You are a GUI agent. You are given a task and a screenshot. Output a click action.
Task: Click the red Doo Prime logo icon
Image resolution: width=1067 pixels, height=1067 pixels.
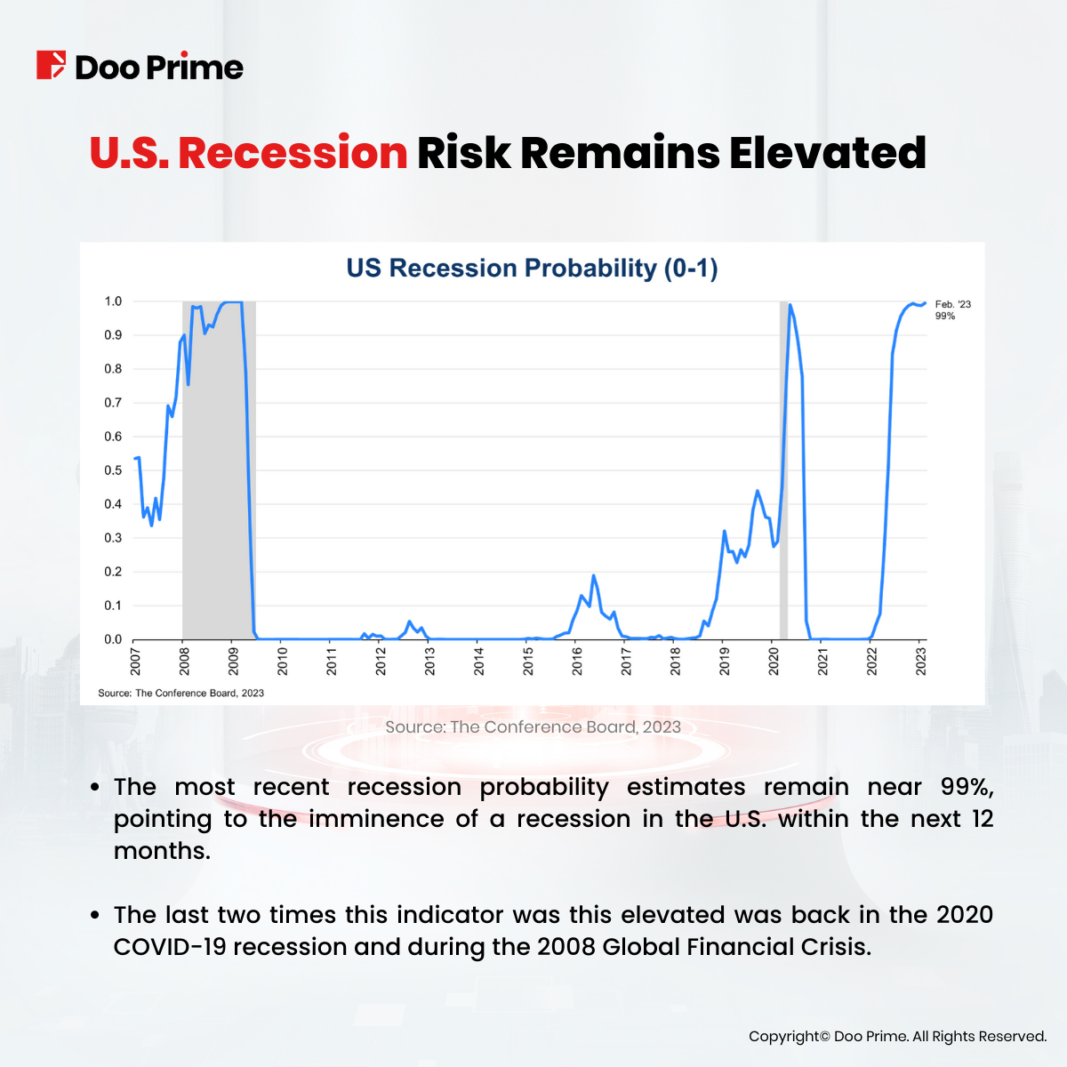pyautogui.click(x=51, y=66)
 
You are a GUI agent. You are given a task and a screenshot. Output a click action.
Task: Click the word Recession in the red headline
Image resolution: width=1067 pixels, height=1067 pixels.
pyautogui.click(x=293, y=153)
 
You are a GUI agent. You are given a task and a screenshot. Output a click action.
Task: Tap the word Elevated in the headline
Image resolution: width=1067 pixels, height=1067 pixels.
pyautogui.click(x=827, y=153)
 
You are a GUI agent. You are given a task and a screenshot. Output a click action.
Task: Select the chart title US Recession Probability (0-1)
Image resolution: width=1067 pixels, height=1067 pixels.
pyautogui.click(x=532, y=268)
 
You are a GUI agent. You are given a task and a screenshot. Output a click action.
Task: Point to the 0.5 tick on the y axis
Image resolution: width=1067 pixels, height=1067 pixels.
pyautogui.click(x=113, y=470)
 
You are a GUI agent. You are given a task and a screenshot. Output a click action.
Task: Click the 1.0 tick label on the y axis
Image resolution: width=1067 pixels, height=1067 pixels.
pyautogui.click(x=113, y=301)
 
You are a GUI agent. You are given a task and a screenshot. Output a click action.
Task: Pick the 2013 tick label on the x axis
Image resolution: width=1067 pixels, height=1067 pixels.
pyautogui.click(x=429, y=661)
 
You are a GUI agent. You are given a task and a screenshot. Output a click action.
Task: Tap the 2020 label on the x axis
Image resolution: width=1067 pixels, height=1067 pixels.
pyautogui.click(x=774, y=661)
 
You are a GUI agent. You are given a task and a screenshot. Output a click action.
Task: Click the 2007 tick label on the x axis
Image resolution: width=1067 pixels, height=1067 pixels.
pyautogui.click(x=135, y=661)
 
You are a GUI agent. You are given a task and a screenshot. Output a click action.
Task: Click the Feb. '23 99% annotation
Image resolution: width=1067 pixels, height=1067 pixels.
pyautogui.click(x=952, y=310)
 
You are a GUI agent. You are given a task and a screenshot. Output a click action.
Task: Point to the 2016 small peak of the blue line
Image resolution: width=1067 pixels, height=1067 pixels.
pyautogui.click(x=594, y=576)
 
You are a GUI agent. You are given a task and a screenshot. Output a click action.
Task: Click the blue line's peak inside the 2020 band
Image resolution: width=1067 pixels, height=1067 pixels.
pyautogui.click(x=790, y=305)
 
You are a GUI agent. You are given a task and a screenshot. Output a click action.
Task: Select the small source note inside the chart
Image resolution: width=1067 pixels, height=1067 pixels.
pyautogui.click(x=181, y=693)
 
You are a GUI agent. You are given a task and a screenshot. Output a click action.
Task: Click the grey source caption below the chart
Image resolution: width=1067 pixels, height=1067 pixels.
pyautogui.click(x=533, y=727)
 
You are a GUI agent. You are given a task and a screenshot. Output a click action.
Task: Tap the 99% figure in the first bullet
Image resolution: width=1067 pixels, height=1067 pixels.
pyautogui.click(x=967, y=787)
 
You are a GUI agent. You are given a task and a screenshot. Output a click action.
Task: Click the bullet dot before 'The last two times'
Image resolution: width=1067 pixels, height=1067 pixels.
pyautogui.click(x=95, y=916)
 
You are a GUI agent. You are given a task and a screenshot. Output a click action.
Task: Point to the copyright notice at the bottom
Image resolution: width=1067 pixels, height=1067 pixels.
pyautogui.click(x=897, y=1037)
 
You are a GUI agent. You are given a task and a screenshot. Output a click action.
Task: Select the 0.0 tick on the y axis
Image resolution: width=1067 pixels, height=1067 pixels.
pyautogui.click(x=113, y=639)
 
